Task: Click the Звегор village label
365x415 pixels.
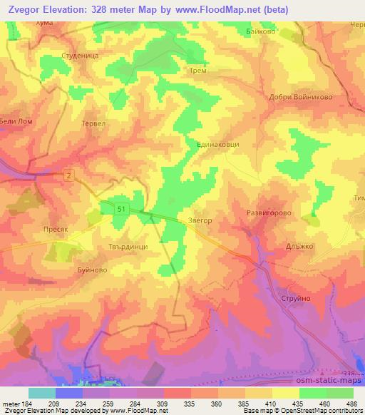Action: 200,221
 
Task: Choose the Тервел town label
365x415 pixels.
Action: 94,122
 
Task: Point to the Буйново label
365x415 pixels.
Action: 91,271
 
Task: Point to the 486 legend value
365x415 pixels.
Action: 350,404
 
